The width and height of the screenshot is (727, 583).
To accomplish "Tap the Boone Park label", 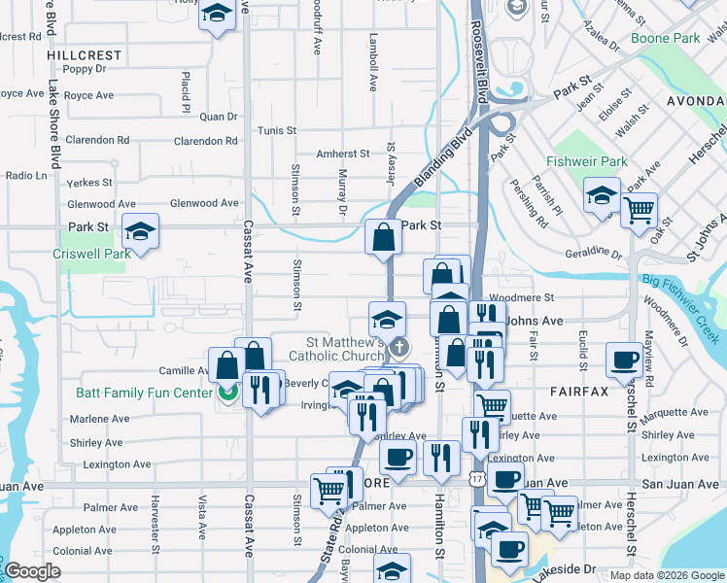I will pyautogui.click(x=665, y=38).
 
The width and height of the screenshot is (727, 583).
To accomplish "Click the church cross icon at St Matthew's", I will pyautogui.click(x=398, y=347).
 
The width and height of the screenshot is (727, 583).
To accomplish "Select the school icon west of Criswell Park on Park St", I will pyautogui.click(x=141, y=231).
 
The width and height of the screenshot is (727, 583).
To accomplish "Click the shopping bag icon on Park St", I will pyautogui.click(x=384, y=237).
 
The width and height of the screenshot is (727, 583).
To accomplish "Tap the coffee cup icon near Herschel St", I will pyautogui.click(x=623, y=360).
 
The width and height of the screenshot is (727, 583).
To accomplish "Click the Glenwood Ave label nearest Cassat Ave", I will pyautogui.click(x=203, y=203).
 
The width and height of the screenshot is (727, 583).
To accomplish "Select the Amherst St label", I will pyautogui.click(x=343, y=154).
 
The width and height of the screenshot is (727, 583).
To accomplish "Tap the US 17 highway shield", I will pyautogui.click(x=474, y=478).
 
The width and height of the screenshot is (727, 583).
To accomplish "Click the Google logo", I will pyautogui.click(x=33, y=571).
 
